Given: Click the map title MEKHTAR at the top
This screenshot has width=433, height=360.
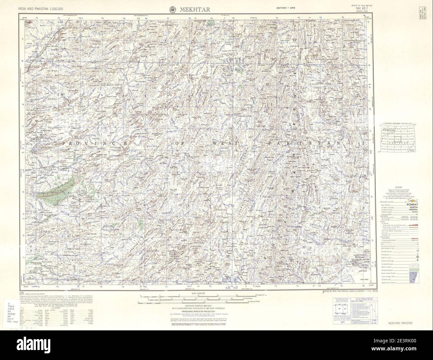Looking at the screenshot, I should tap(196, 9).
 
